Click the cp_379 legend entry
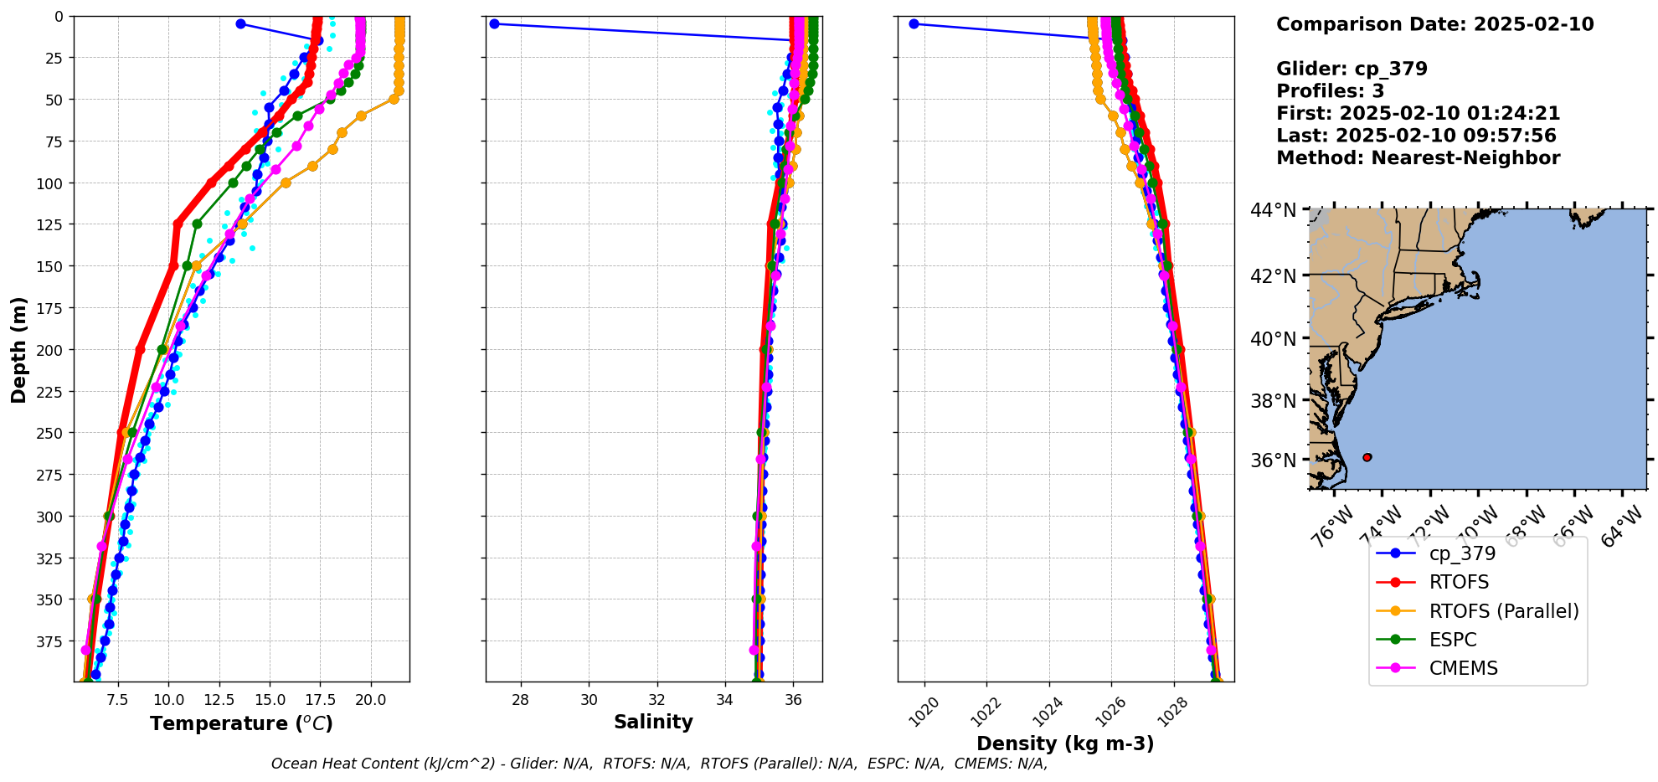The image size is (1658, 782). tap(1461, 553)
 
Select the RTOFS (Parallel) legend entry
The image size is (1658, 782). tap(1503, 611)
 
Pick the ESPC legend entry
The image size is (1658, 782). tap(1453, 640)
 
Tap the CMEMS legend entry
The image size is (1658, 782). tap(1463, 668)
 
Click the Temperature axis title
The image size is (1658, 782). tap(241, 723)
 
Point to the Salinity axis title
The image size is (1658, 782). tap(653, 722)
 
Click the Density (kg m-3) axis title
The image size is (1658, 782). tap(1065, 743)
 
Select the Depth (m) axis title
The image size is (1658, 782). tap(18, 349)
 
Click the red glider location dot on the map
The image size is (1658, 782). tap(1367, 457)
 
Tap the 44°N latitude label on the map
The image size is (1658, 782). tap(1274, 210)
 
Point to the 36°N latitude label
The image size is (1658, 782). tap(1274, 460)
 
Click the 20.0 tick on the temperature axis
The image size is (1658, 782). tap(371, 700)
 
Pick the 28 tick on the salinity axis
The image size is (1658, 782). tap(520, 700)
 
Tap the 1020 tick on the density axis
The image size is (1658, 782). tap(924, 713)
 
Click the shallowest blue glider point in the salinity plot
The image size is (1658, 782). tap(494, 23)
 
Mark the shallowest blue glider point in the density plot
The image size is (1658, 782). tap(914, 23)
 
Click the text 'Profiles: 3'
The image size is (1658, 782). tap(1330, 91)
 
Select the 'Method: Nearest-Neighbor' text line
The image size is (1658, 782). tap(1418, 158)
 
